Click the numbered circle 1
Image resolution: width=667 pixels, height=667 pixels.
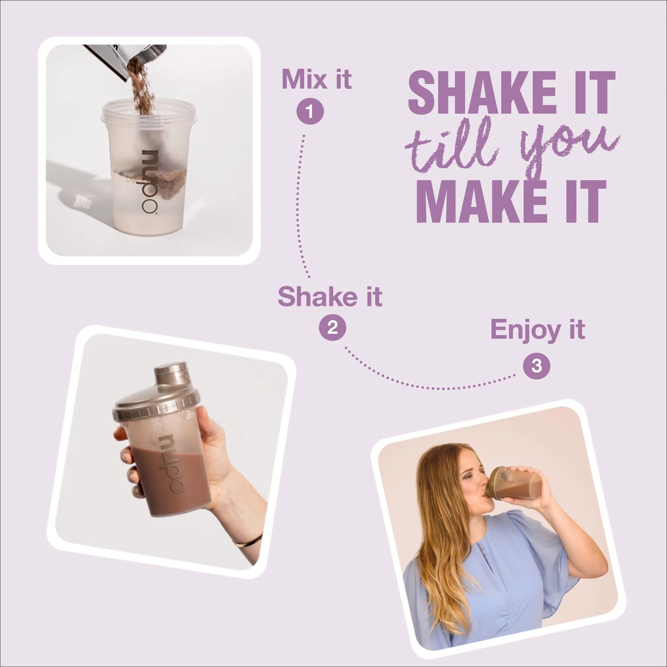(310, 112)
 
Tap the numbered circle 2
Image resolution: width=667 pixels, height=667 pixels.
(332, 328)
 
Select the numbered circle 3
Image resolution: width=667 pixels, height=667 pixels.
(536, 366)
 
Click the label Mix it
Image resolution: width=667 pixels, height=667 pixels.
(317, 79)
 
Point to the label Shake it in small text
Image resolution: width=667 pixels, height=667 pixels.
(330, 296)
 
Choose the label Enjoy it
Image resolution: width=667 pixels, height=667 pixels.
(537, 330)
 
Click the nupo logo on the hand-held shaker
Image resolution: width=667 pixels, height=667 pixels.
(173, 464)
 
